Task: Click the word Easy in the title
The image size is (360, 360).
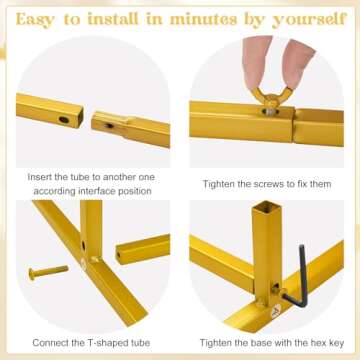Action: click(35, 20)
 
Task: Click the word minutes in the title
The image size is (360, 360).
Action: click(203, 19)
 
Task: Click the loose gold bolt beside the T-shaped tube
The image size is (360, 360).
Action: click(48, 272)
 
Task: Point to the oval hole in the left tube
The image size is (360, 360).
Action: click(64, 119)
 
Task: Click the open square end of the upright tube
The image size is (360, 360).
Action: click(266, 207)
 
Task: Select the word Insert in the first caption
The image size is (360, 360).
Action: click(40, 177)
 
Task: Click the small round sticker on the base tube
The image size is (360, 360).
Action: click(276, 311)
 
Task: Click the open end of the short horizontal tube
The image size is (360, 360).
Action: click(118, 256)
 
